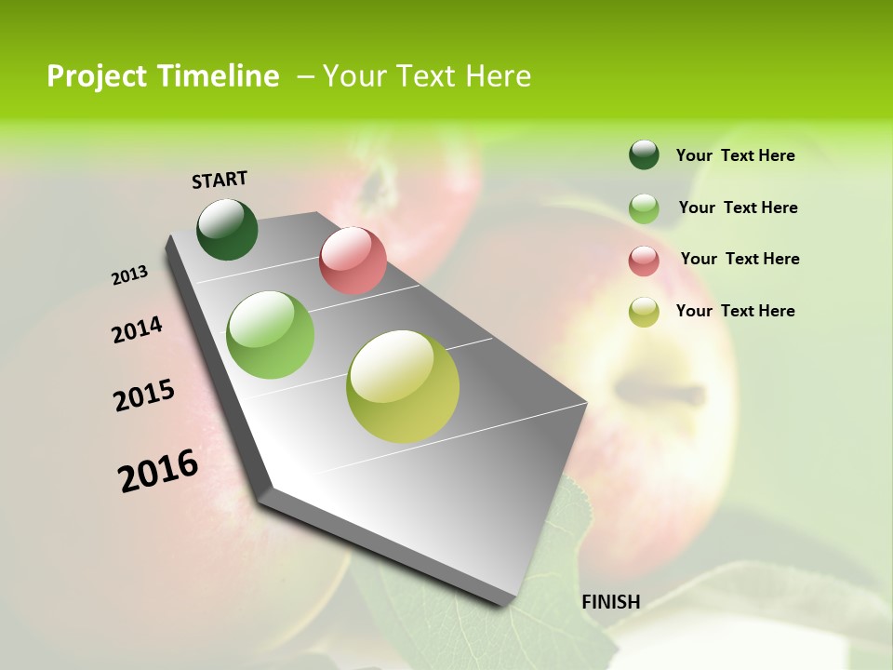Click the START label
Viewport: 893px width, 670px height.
(220, 180)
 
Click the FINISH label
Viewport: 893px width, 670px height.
(610, 602)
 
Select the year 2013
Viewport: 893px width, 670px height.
(130, 275)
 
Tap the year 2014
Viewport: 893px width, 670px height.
(137, 330)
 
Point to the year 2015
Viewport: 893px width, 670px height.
(144, 395)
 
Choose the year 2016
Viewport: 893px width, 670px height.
(158, 470)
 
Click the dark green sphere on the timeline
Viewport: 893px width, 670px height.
(227, 229)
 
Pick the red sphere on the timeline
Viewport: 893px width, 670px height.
(353, 261)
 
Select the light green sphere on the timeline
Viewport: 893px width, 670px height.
(270, 335)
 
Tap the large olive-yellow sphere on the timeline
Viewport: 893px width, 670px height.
(403, 386)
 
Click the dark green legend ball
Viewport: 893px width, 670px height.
(644, 154)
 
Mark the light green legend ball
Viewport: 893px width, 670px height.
(644, 208)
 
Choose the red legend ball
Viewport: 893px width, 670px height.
(644, 260)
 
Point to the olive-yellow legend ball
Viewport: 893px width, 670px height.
(644, 311)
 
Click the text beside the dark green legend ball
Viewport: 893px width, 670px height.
(735, 155)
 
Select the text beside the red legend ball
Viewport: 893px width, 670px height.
(740, 259)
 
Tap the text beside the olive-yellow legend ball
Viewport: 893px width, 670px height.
(735, 311)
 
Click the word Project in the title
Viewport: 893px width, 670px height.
(98, 76)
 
